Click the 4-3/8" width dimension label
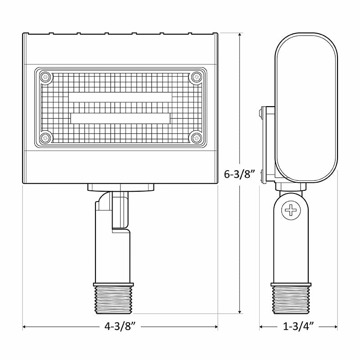point(120,326)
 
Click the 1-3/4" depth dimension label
point(298,326)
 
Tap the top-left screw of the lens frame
point(45,77)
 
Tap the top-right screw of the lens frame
point(196,77)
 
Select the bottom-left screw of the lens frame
point(45,138)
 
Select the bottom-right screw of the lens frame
point(196,138)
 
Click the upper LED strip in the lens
point(120,98)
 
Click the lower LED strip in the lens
point(120,117)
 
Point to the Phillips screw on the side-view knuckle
point(292,210)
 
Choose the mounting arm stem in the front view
point(112,252)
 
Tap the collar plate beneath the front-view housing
point(121,187)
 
